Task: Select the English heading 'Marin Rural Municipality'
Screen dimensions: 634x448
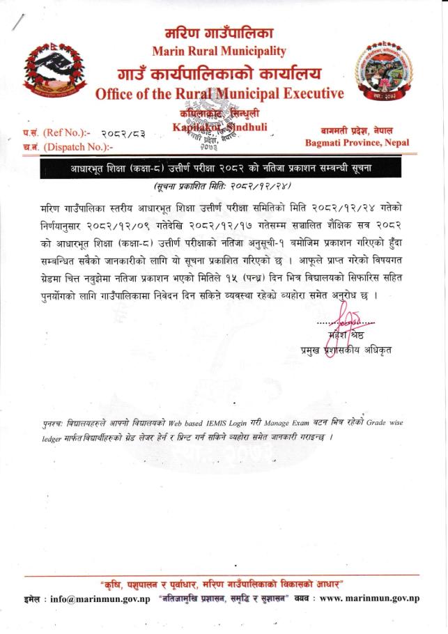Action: (219, 51)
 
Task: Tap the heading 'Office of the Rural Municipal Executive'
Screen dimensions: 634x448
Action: (219, 93)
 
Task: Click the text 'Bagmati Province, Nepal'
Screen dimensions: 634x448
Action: (357, 143)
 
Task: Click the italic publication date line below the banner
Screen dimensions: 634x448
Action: (222, 187)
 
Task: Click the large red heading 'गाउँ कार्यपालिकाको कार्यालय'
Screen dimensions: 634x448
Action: (219, 72)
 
